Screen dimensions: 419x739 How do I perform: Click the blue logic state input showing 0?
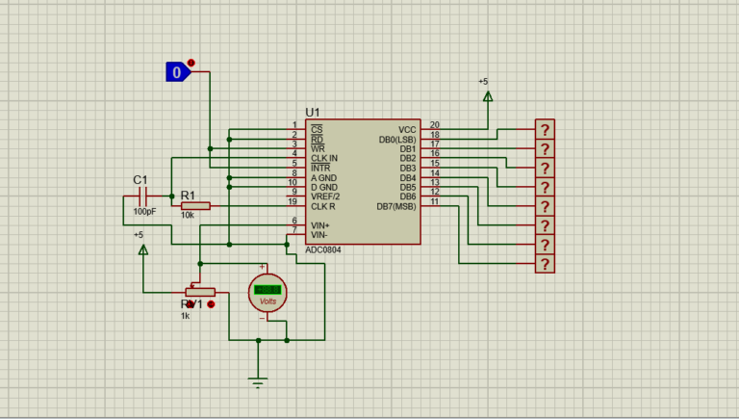[176, 71]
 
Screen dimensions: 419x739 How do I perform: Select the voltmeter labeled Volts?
[267, 292]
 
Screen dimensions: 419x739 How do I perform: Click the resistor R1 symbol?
[195, 205]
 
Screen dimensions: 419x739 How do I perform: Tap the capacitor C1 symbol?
[143, 196]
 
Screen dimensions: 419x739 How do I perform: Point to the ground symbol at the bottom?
[258, 381]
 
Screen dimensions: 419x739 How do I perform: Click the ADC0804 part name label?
[322, 249]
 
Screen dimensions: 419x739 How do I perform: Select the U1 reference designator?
[313, 113]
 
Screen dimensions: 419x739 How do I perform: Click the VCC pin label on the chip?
[407, 129]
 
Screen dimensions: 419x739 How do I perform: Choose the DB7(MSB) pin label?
[396, 206]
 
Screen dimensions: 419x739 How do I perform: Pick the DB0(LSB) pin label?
[397, 140]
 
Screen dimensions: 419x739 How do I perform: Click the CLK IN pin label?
[324, 158]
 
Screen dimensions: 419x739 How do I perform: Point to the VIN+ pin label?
[320, 224]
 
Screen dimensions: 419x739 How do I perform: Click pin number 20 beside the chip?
[434, 125]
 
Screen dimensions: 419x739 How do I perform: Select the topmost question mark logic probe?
[546, 129]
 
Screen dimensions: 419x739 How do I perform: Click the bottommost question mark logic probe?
[546, 264]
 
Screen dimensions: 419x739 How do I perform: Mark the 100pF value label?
[144, 211]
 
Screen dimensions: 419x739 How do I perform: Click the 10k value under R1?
[187, 216]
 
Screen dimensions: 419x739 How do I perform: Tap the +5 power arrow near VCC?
[487, 95]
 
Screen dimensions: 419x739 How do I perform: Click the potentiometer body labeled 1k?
[200, 292]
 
